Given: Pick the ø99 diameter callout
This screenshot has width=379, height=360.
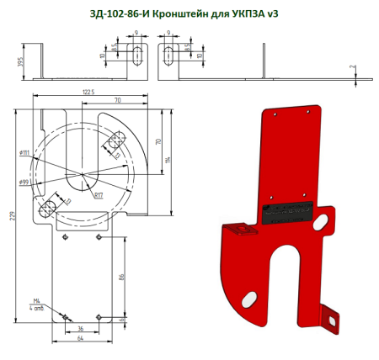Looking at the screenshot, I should [24, 180].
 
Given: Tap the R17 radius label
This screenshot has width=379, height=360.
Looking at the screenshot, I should [98, 195].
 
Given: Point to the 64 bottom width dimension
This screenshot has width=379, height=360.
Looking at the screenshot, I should [81, 339].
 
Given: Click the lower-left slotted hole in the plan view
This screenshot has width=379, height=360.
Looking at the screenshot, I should [49, 207].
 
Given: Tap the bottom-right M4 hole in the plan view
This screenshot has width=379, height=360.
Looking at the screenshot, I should [99, 317].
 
